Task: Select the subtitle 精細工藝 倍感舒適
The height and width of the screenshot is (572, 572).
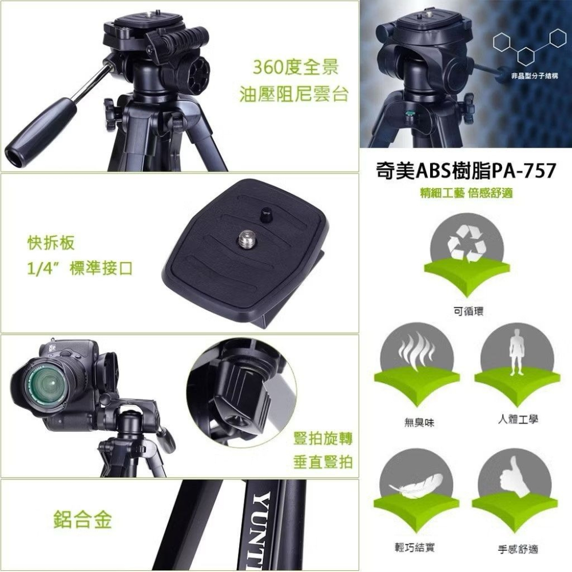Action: [x=466, y=194]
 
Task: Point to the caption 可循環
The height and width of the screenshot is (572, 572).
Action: [x=466, y=311]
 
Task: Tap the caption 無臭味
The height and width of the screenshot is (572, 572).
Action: [x=415, y=423]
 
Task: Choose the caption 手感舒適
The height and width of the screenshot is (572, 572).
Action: [x=517, y=550]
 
